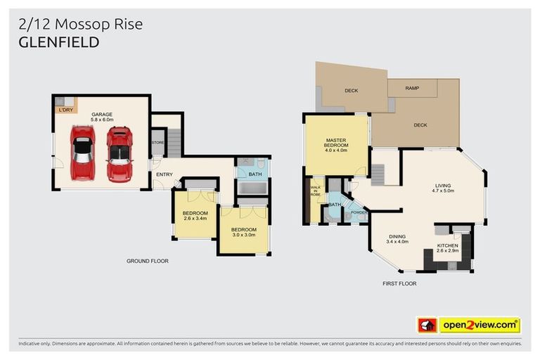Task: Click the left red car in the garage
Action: coord(82,153)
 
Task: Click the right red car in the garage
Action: coord(120,153)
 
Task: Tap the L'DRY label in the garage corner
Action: coord(65,110)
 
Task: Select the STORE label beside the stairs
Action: coord(157,143)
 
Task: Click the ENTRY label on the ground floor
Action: coord(165,174)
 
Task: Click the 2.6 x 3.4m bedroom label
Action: coord(195,216)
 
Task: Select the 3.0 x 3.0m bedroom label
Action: coord(244,233)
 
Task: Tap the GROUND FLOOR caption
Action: coord(147,261)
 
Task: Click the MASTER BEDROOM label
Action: coord(337,145)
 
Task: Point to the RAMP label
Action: coord(414,89)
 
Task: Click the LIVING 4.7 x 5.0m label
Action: coord(444,187)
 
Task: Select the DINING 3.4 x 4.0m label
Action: coord(398,239)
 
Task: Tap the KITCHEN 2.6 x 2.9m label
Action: coord(447,248)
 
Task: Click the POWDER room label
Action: coord(359,212)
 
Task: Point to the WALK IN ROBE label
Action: coord(315,192)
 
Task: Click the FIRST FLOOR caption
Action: coord(399,283)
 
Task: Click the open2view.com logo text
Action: coord(480,326)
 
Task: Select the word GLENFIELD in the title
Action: coord(59,42)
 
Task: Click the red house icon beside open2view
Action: coord(427,326)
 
